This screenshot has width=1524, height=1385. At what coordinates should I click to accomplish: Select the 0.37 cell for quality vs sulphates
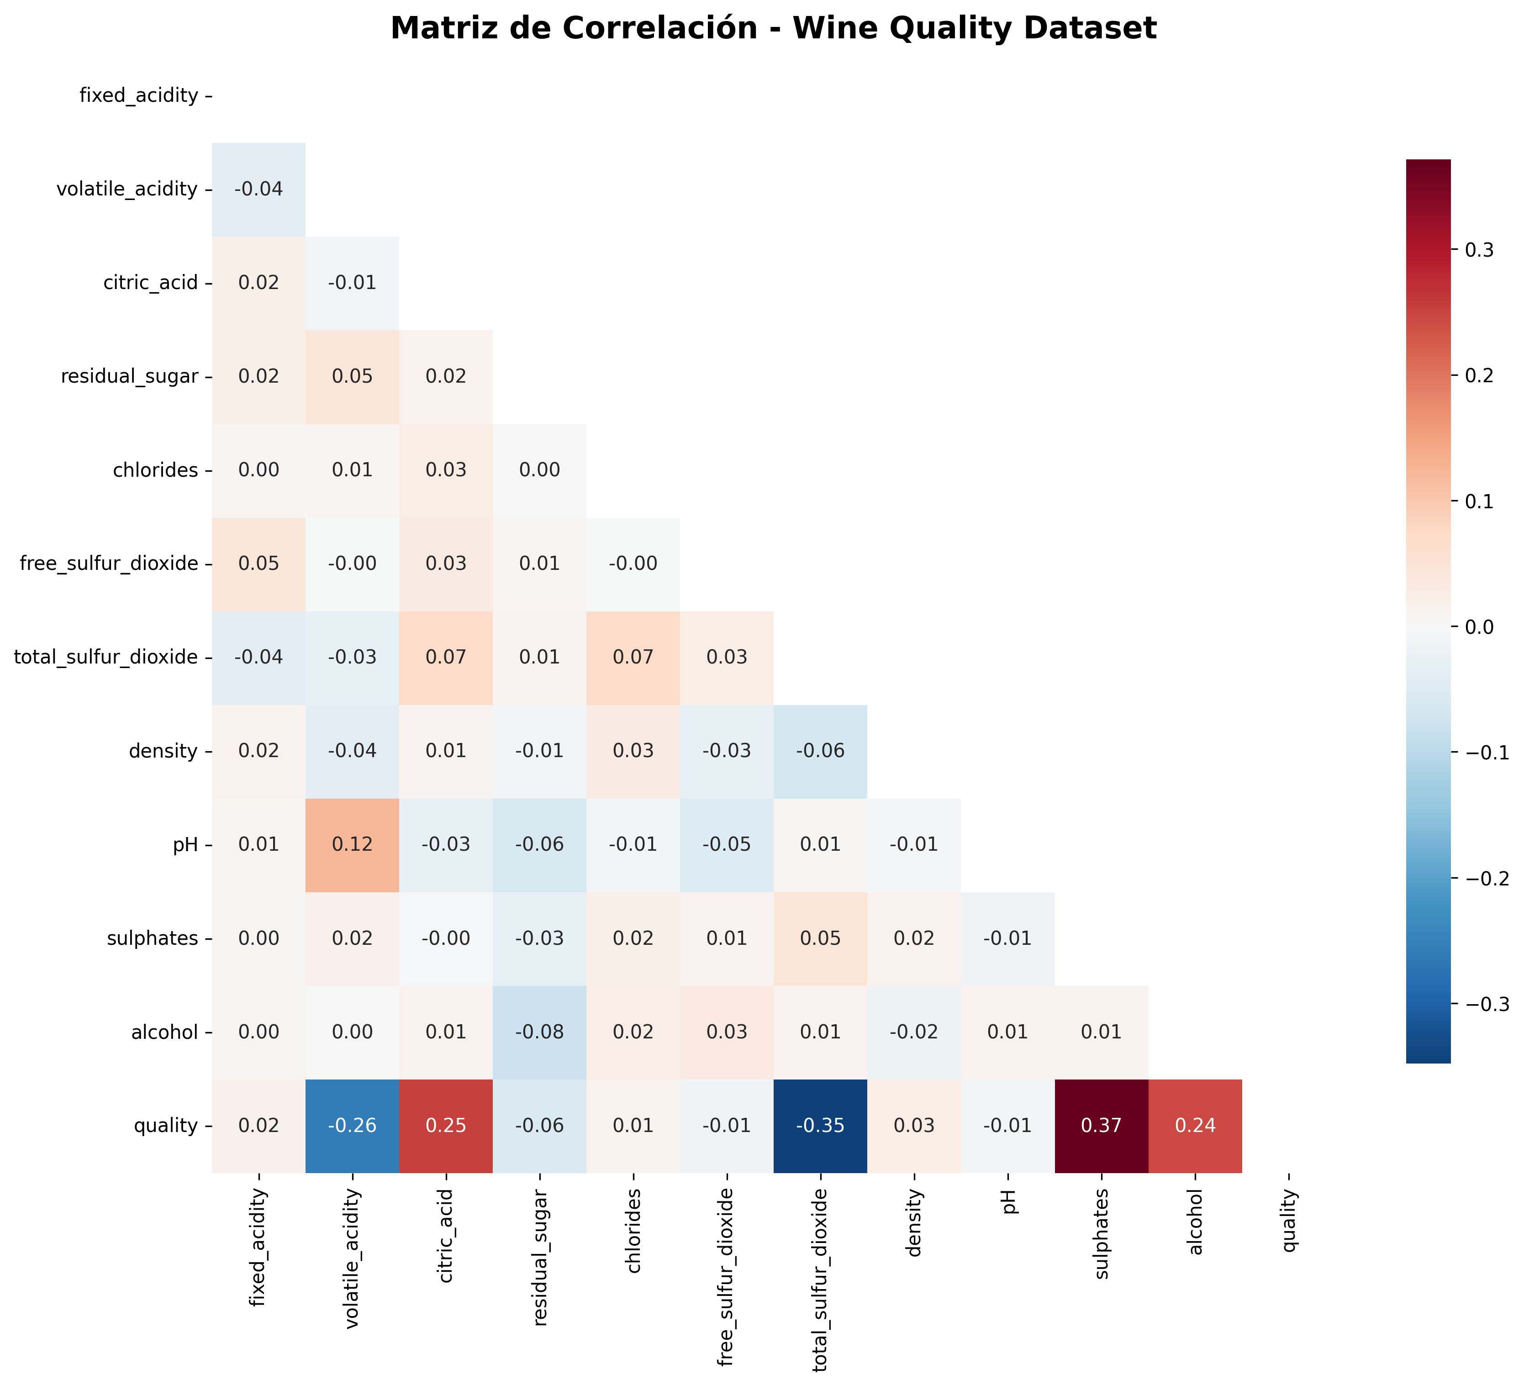click(x=1101, y=1126)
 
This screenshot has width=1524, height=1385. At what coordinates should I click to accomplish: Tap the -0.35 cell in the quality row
click(x=820, y=1126)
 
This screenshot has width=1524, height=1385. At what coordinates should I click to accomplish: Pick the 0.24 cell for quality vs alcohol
click(x=1194, y=1126)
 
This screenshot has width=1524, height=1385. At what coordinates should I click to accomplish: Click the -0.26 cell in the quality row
click(x=352, y=1126)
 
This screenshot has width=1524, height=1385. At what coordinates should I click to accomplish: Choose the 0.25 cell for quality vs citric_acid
click(x=446, y=1126)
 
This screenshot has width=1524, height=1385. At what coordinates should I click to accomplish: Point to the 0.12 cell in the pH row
click(x=352, y=844)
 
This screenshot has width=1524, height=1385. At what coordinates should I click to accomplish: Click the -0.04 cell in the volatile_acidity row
click(x=258, y=189)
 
